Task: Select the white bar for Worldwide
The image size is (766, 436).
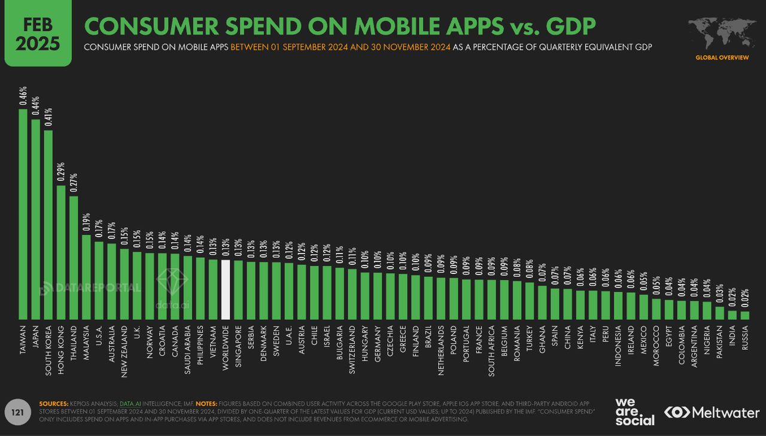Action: tap(226, 289)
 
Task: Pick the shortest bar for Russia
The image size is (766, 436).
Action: tap(744, 315)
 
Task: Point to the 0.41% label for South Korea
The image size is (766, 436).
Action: tap(48, 118)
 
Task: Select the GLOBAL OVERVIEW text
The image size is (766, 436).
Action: tap(722, 57)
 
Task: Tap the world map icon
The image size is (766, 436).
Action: tap(722, 33)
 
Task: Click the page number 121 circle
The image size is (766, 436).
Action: tap(17, 412)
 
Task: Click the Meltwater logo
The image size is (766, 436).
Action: tap(712, 413)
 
